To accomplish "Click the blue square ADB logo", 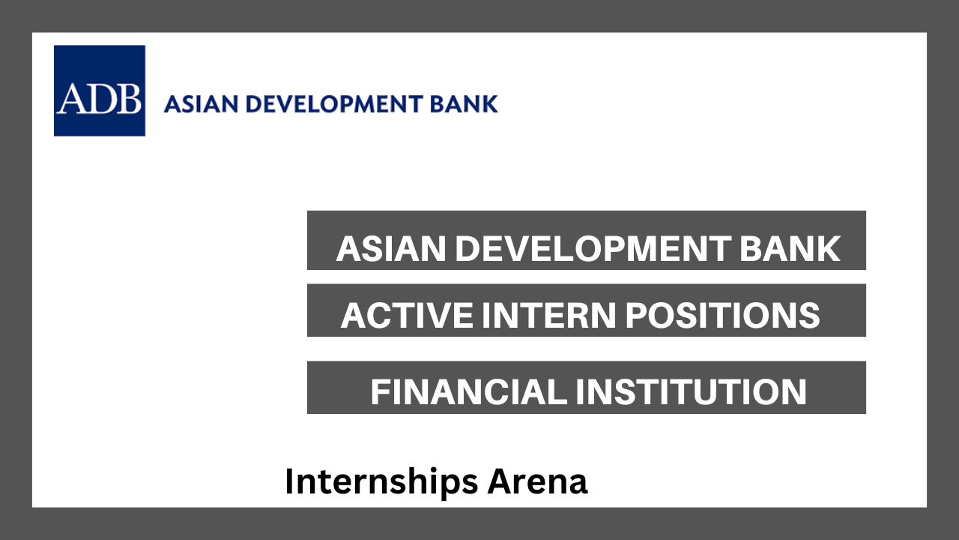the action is (x=100, y=91).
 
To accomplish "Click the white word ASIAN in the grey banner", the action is (x=391, y=248).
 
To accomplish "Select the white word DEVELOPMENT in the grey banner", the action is (x=593, y=248).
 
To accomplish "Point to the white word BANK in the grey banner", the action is (x=790, y=248).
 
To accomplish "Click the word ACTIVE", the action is (x=407, y=316).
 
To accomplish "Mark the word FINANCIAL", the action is (x=469, y=391).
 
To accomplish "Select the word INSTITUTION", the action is (x=691, y=391).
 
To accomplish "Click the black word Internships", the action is (x=381, y=482).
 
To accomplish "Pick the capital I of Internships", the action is (x=289, y=481).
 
